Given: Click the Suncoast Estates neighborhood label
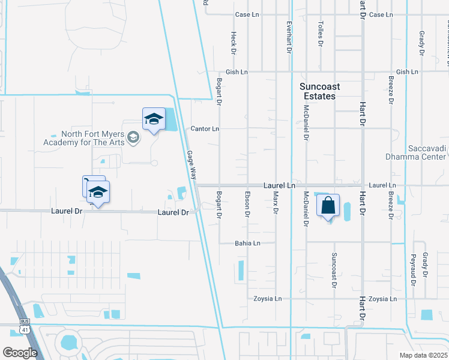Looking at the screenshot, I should coord(319,91).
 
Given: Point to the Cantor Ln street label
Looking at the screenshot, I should coord(205,129).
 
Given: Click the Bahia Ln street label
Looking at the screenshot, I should coord(247,243).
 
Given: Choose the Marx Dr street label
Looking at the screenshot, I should coord(276,203).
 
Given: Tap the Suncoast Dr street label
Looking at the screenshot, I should coord(334,268).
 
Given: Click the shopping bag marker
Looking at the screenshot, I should coord(328,206).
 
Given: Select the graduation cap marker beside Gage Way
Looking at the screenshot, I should coord(154,119).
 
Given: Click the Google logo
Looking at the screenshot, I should coord(20,353).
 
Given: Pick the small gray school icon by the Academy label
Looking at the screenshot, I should coord(133,139).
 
